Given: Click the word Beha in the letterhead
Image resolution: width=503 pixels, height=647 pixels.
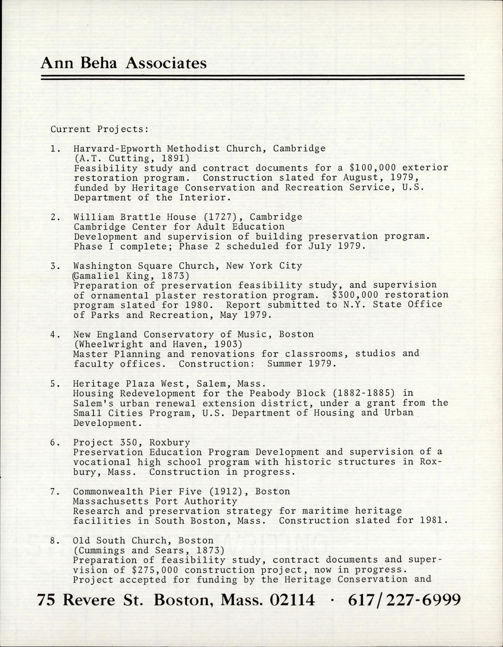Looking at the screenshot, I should tap(98, 63).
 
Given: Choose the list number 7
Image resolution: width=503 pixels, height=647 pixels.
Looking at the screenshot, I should tap(54, 492).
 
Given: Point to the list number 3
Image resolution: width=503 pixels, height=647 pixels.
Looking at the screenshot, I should tap(54, 266).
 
